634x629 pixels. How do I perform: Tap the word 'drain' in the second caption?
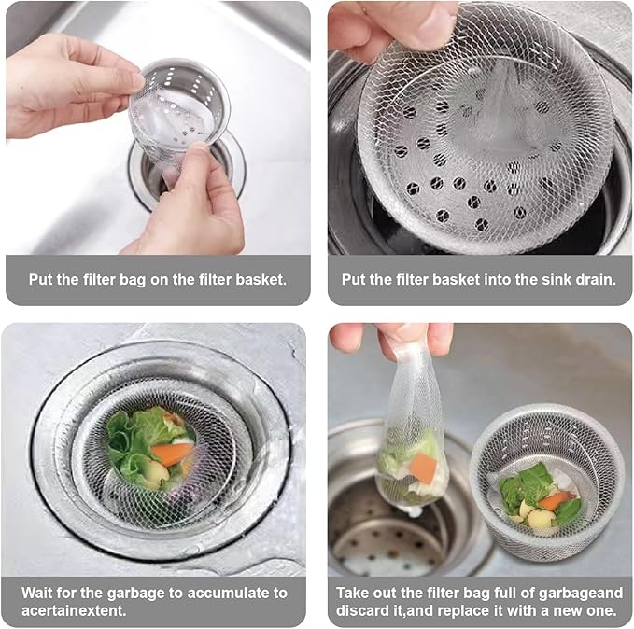coord(594,279)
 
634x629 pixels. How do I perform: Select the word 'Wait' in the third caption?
coord(40,593)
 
